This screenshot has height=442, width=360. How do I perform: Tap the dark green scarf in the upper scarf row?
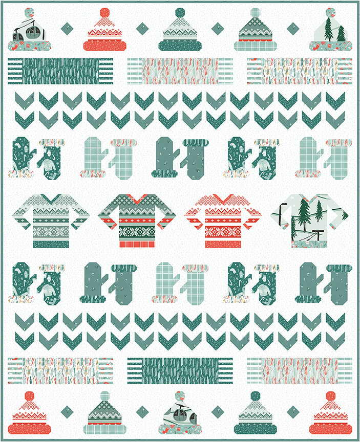tap(60, 71)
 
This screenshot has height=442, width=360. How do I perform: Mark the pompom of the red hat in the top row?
tap(105, 13)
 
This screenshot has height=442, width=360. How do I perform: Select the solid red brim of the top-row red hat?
tap(105, 45)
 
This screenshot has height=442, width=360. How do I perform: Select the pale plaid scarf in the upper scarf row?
tap(180, 71)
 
